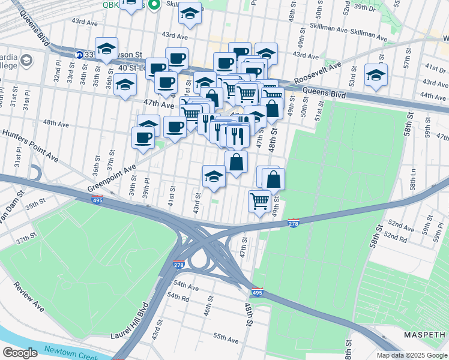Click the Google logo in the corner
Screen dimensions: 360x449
(x=20, y=352)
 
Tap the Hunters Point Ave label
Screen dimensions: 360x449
(x=29, y=145)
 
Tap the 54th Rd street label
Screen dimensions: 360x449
(x=178, y=297)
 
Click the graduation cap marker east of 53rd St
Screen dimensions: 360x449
(x=376, y=76)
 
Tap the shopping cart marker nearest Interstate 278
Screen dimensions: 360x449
(x=259, y=200)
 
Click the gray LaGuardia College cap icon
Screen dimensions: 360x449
(x=26, y=61)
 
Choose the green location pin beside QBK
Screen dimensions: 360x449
(x=154, y=5)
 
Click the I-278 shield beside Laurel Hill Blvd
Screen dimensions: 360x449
(x=178, y=265)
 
